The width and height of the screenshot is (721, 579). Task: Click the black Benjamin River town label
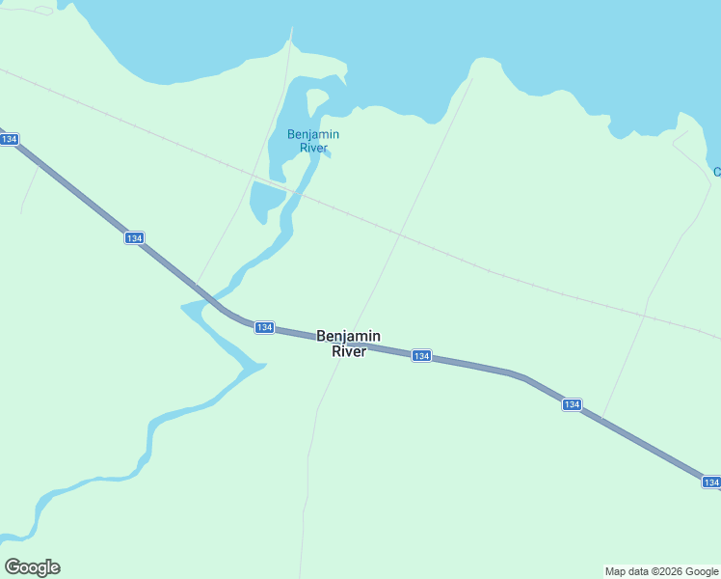pos(348,344)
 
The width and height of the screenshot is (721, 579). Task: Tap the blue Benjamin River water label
pos(313,141)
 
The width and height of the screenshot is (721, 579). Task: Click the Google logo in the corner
pos(32,567)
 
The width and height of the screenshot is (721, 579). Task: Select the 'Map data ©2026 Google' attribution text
pos(662,571)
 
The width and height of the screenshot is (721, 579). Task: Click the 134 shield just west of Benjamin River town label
pos(265,328)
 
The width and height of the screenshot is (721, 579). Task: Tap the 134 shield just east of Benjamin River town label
pos(421,356)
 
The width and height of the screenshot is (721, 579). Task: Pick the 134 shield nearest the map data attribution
pos(711,482)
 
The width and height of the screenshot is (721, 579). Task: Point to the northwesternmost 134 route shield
pos(9,140)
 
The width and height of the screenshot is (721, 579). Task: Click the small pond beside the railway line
pos(265,200)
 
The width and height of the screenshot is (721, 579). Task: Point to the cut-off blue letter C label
pos(716,172)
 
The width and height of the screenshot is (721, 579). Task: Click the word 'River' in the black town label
pos(348,352)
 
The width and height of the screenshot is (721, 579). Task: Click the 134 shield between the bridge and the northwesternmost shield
pos(134,237)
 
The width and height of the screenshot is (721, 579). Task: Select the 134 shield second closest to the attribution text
pos(572,404)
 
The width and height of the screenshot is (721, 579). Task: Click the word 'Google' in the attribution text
pos(696,571)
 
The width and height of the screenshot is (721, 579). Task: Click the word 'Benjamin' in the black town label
pos(348,336)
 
